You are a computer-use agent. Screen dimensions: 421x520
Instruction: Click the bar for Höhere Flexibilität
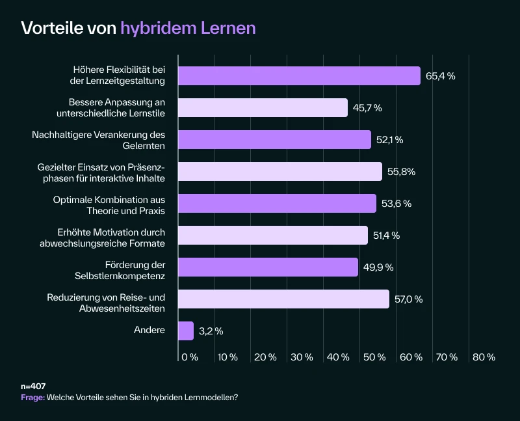click(x=299, y=75)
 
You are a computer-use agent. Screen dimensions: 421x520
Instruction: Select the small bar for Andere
click(x=186, y=331)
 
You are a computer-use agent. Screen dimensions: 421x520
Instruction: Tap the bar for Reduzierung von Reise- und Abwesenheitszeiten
click(x=283, y=299)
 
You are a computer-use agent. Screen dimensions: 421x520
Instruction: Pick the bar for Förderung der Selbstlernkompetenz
click(x=268, y=267)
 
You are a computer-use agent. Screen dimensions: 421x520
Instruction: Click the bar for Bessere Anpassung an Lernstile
click(x=263, y=107)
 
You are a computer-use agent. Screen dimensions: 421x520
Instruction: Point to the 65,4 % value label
click(x=440, y=76)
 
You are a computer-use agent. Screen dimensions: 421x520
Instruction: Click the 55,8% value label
click(x=402, y=172)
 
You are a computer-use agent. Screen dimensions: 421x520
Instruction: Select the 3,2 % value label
click(x=211, y=331)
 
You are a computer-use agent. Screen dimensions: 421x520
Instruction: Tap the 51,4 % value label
click(x=386, y=236)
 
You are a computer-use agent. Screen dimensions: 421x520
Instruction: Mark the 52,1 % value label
click(x=390, y=140)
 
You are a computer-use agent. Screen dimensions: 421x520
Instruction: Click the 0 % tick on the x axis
click(x=190, y=357)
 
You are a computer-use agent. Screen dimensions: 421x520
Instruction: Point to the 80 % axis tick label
click(x=484, y=357)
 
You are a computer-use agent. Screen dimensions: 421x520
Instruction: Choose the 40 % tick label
click(x=337, y=357)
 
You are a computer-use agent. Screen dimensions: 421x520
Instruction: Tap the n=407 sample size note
click(x=33, y=387)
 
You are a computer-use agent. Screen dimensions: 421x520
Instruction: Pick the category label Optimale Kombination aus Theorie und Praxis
click(x=109, y=204)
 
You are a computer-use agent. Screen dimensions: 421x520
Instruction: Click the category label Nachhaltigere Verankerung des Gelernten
click(x=98, y=140)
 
